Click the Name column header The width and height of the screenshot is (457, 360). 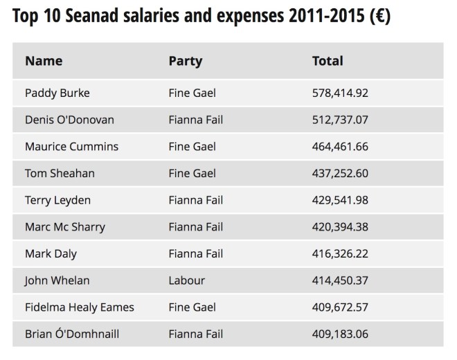[44, 61]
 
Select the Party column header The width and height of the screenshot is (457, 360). [186, 61]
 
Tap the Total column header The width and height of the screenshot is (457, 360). [328, 61]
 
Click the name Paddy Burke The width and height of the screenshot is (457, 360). [57, 93]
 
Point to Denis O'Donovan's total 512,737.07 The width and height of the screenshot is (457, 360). [340, 120]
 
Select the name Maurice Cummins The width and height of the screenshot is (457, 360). [71, 147]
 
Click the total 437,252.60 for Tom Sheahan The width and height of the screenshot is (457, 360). [340, 173]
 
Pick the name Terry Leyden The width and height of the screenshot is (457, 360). [57, 200]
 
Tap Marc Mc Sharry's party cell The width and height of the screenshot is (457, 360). [196, 227]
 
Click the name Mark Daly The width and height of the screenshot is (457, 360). [51, 254]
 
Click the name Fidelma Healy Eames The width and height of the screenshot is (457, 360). [80, 307]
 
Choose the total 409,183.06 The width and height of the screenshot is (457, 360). [340, 334]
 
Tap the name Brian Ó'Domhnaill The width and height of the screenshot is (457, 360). [72, 334]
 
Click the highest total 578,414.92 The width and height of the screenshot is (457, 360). [340, 93]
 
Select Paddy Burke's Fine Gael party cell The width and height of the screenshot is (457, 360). [192, 93]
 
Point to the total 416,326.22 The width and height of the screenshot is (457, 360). [340, 254]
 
